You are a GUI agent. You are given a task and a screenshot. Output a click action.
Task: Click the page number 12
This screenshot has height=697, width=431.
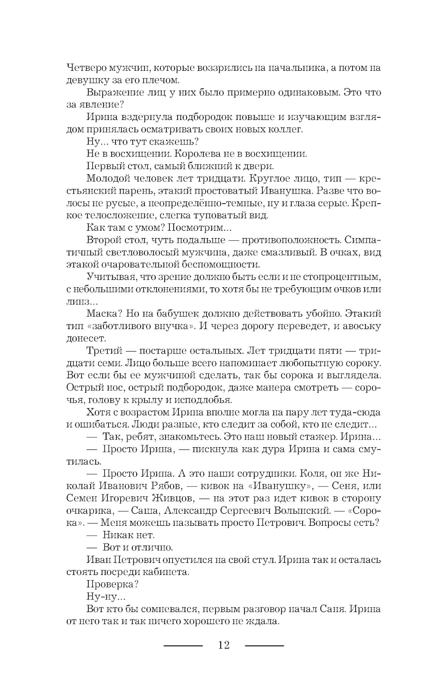pos(224,645)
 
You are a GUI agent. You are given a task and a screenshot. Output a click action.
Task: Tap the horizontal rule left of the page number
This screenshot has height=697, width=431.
pos(183,646)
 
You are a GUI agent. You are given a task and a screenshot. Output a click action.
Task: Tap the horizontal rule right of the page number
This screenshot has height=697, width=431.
pos(265,646)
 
